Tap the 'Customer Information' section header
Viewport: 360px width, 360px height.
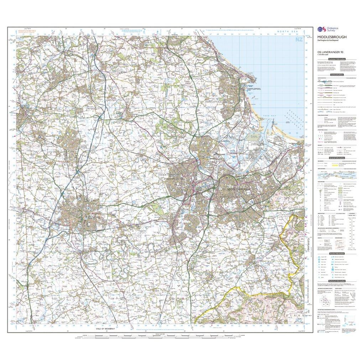click(x=336, y=59)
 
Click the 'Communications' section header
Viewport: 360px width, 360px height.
click(x=336, y=75)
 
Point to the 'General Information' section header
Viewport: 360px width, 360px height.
click(x=336, y=158)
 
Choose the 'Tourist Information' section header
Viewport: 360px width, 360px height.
click(x=336, y=253)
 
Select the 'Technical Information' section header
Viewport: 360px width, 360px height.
click(x=336, y=281)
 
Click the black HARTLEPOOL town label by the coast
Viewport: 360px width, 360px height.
click(x=254, y=89)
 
